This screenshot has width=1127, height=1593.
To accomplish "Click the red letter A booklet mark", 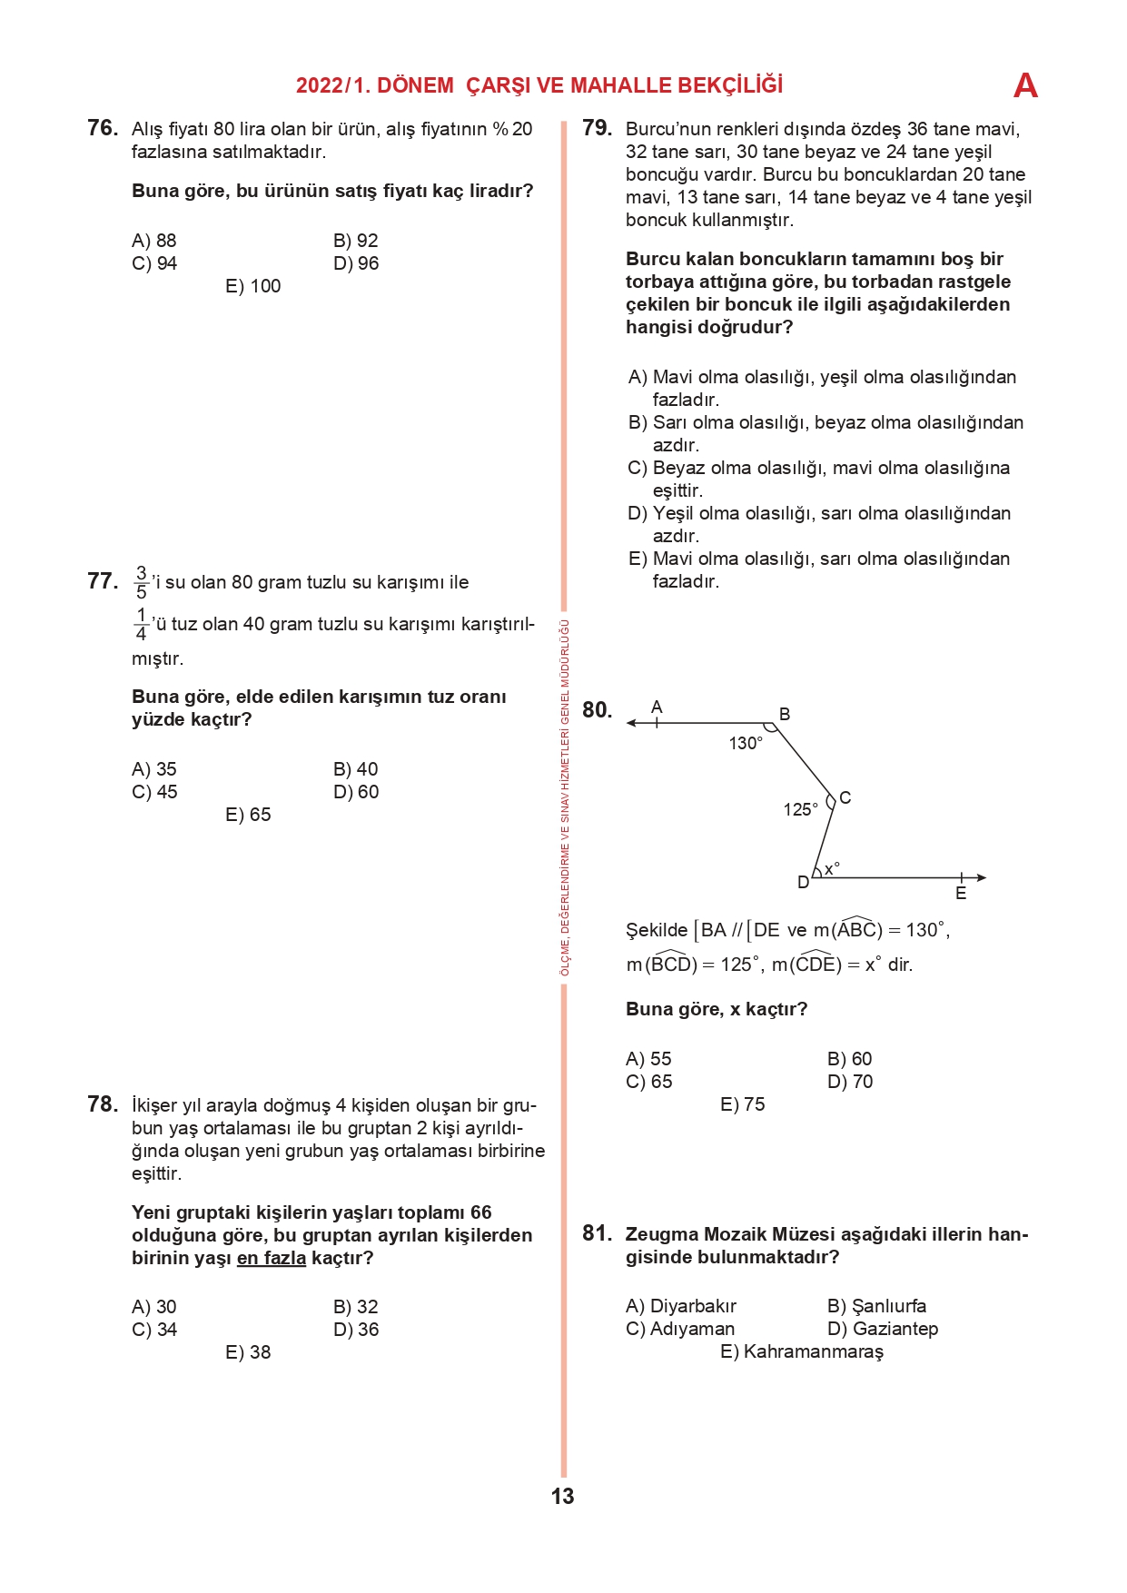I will point(1025,85).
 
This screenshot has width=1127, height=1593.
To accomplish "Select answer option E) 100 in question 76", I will point(252,286).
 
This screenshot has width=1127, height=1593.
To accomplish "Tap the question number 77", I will point(103,581).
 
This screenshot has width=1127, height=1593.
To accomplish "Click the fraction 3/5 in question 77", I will point(141,582).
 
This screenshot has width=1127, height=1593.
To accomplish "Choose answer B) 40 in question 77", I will point(355,769).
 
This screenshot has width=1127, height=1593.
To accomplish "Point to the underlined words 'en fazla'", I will point(271,1258).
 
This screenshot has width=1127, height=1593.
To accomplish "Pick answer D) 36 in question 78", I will point(355,1330).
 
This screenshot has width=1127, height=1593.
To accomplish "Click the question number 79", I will point(597,128).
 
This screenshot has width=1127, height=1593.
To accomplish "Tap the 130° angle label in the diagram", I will point(746,743).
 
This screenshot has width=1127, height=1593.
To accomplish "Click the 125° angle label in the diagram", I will point(800,809).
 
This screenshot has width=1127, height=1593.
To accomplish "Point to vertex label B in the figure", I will point(785,714).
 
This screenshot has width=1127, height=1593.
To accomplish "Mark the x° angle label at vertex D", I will point(832,869).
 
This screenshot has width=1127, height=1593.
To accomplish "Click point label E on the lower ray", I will point(961,894).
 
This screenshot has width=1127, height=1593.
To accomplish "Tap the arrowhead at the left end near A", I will point(631,724).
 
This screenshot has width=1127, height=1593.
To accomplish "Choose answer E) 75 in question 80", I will point(742,1104).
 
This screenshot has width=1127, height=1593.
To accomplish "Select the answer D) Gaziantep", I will point(882,1329).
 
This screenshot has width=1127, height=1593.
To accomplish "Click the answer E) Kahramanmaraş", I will point(801,1351).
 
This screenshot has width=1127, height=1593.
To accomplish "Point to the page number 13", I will point(562,1497).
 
